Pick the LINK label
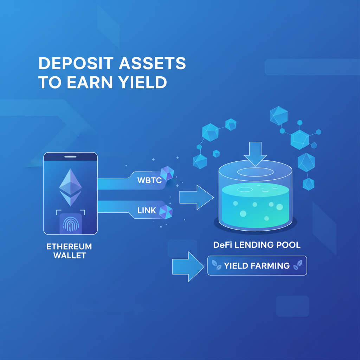(x=146, y=211)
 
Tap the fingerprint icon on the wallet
(x=70, y=224)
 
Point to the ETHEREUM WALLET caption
(x=69, y=251)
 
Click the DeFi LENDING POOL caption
(x=257, y=245)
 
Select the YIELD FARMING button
(x=257, y=265)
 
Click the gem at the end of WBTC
(x=167, y=174)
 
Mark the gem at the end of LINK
(x=166, y=211)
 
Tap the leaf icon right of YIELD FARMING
(x=297, y=265)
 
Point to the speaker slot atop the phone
(x=70, y=157)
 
